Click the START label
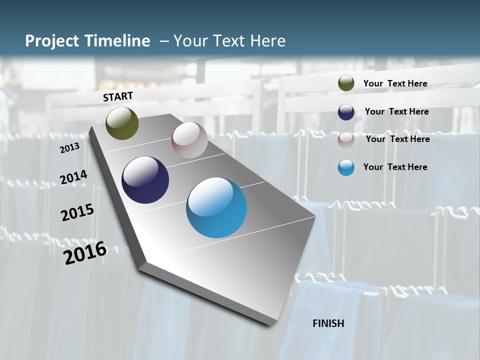click(x=118, y=96)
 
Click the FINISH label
click(x=328, y=323)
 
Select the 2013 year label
click(x=69, y=148)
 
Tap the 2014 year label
click(x=73, y=177)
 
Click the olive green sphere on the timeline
click(x=122, y=123)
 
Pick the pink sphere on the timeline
click(x=189, y=140)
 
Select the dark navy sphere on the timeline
click(x=145, y=180)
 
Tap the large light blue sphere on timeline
click(x=216, y=207)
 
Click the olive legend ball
click(x=346, y=83)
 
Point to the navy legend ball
click(x=346, y=112)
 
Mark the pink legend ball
click(x=346, y=140)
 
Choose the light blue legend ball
click(x=346, y=167)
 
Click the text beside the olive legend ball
click(x=395, y=83)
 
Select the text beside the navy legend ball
click(x=396, y=111)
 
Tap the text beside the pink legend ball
click(x=397, y=139)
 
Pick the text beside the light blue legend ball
click(x=395, y=167)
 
